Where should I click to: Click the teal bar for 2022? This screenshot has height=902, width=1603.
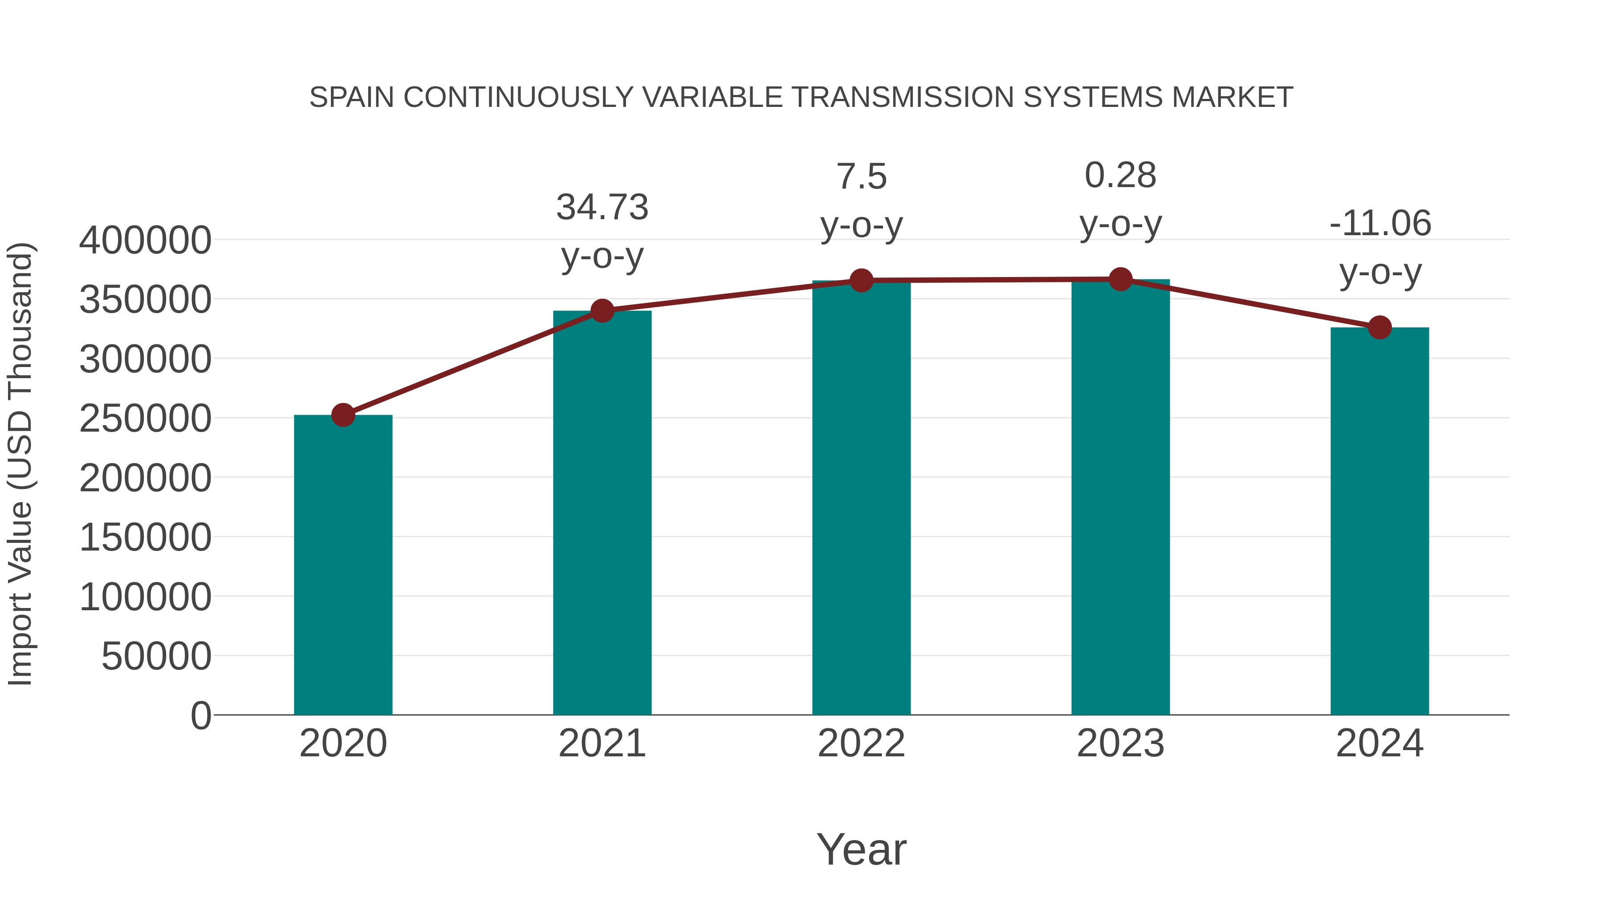(861, 498)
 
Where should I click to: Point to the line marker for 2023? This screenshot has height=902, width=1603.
(1120, 279)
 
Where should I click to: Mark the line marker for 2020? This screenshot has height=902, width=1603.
(343, 415)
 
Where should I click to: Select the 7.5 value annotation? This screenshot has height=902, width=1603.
(861, 177)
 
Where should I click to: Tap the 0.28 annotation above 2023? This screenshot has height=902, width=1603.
(1120, 176)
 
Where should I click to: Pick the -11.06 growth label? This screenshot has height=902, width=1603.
(1379, 224)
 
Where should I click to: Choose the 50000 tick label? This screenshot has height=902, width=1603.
(156, 656)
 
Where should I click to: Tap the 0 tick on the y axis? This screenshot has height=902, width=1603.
(200, 715)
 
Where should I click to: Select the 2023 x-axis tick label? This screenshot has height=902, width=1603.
(1120, 743)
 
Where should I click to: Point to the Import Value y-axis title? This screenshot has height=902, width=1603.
(20, 464)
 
